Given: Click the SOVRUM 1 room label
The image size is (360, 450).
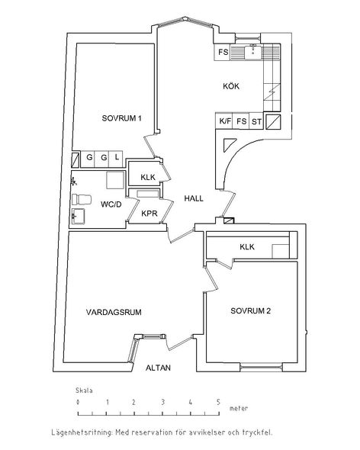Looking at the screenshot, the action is [122, 118].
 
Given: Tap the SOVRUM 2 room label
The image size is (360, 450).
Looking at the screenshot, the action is [251, 311].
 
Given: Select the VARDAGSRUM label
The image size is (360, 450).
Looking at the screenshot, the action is [114, 312].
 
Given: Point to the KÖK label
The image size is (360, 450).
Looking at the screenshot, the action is [231, 86].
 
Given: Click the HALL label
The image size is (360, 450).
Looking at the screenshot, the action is [194, 198].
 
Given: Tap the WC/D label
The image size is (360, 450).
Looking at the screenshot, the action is [111, 204].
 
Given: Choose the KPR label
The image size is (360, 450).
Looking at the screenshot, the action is [149, 214].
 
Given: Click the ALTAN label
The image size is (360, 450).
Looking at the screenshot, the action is [158, 368].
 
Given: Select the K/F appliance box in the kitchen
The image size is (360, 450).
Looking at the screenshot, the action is [224, 121].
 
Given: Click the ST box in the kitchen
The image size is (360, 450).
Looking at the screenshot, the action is [256, 121].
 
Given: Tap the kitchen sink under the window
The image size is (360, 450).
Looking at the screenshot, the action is [252, 52].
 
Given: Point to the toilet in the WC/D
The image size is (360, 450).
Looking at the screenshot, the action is [82, 200].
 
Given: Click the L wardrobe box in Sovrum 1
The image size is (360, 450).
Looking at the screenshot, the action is [116, 159].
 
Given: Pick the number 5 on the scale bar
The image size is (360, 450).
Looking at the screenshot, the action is [218, 402].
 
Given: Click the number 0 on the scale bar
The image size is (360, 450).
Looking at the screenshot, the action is [78, 402].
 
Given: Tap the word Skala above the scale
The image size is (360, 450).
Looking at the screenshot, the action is [84, 391].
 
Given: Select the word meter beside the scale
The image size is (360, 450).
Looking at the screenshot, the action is [238, 408].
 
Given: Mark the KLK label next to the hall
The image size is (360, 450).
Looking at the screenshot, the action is [148, 177].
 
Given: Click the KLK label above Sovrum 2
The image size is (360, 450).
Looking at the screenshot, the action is [247, 247].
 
